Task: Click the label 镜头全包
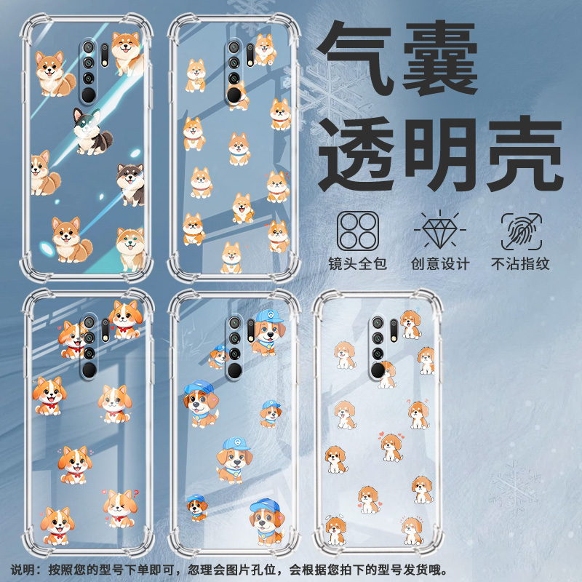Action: point(358,264)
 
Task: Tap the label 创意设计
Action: point(440,264)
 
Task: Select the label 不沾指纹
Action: point(521,264)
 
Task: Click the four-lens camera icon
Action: point(358,231)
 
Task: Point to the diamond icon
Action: point(440,231)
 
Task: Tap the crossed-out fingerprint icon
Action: point(521,231)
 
